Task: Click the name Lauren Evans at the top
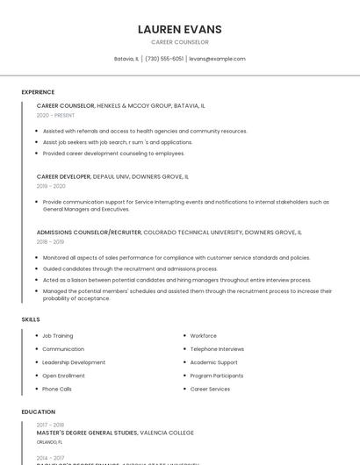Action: tap(180, 29)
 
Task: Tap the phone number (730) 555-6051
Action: tap(164, 59)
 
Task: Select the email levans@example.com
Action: tap(217, 59)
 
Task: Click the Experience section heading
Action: tap(38, 92)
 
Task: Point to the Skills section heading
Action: tap(31, 319)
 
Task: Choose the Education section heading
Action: tap(38, 411)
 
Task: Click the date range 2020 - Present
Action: tap(55, 115)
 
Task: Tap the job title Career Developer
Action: tap(64, 176)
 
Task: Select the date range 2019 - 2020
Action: tap(51, 186)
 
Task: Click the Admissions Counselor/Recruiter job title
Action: tap(89, 232)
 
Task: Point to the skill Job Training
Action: tap(58, 336)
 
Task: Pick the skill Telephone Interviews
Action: tap(217, 349)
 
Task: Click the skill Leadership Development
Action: tap(74, 362)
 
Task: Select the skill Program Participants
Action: tap(217, 376)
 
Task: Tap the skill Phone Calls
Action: tap(57, 389)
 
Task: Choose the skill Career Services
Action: tap(210, 389)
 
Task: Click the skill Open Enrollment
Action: tap(63, 376)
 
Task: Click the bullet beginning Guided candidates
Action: tap(130, 268)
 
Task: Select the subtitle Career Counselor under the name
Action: tap(180, 42)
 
